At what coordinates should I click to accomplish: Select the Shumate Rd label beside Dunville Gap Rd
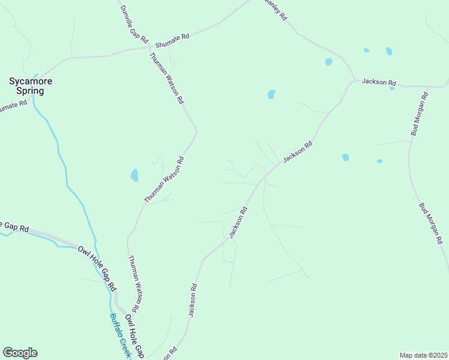coord(172,41)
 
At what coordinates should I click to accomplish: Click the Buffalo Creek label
coord(120,336)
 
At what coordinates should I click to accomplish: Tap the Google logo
coord(20,353)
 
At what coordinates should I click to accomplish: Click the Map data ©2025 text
coord(423,355)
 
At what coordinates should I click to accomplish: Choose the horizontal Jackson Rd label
coord(379,82)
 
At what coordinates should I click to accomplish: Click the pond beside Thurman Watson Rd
coord(134,175)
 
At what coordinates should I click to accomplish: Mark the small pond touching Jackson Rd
coord(392,88)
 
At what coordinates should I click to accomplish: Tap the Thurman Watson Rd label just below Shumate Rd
coord(166,79)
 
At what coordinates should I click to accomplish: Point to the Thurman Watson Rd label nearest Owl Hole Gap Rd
coord(135,284)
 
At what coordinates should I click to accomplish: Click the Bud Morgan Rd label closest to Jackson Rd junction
coord(419,114)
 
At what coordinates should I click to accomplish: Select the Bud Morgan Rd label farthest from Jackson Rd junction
coord(431,223)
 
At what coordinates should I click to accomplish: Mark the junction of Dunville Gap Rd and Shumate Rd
coord(149,47)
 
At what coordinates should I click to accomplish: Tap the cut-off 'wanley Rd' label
coord(275,10)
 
